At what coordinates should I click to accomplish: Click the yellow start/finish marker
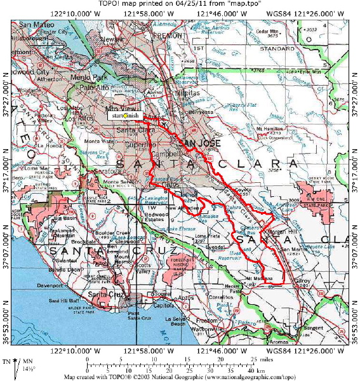126,116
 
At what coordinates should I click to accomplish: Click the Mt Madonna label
258,278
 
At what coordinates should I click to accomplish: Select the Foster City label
54,30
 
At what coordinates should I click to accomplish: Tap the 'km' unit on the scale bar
261,370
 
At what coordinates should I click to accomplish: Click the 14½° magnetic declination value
25,368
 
